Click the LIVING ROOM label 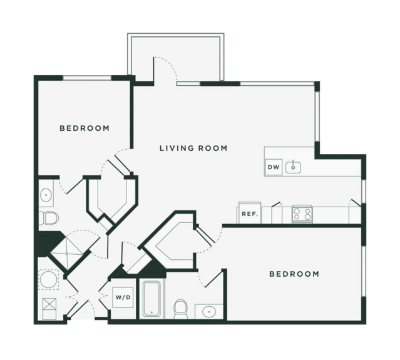pyautogui.click(x=193, y=148)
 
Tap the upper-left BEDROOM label pyautogui.click(x=85, y=128)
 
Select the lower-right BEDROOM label pyautogui.click(x=294, y=274)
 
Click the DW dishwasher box pyautogui.click(x=274, y=167)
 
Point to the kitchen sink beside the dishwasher pyautogui.click(x=293, y=167)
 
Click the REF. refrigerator pyautogui.click(x=250, y=213)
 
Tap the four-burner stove pyautogui.click(x=302, y=213)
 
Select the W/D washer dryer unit pyautogui.click(x=123, y=297)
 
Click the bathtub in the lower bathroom pyautogui.click(x=151, y=299)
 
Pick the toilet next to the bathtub pyautogui.click(x=181, y=309)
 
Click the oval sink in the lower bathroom pyautogui.click(x=209, y=312)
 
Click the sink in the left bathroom pyautogui.click(x=46, y=195)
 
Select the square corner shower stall pyautogui.click(x=67, y=254)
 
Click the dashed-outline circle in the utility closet pyautogui.click(x=48, y=279)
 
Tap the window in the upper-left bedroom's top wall pyautogui.click(x=87, y=78)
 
